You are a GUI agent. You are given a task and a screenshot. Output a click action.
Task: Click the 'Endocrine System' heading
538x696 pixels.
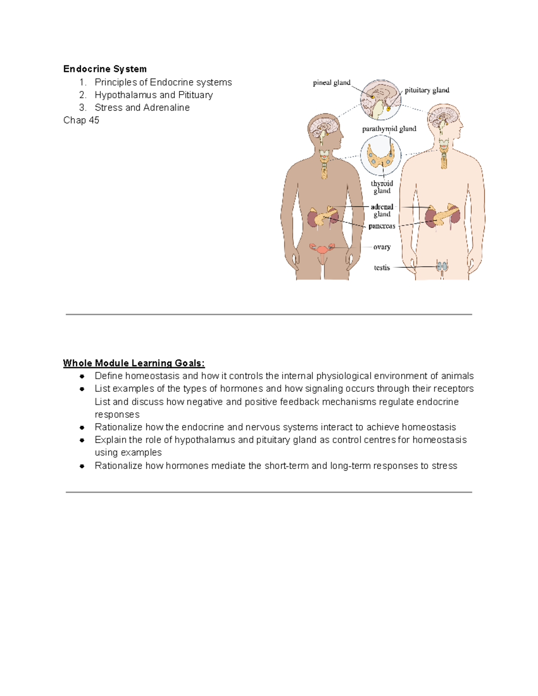tap(105, 69)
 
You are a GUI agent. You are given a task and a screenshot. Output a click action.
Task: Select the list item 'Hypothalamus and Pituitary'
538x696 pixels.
tap(153, 95)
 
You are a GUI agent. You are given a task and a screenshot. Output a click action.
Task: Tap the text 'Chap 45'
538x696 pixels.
tap(81, 120)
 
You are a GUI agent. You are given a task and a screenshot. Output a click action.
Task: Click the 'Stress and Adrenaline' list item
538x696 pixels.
tap(142, 108)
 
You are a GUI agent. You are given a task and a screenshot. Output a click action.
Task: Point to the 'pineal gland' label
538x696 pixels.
tap(331, 82)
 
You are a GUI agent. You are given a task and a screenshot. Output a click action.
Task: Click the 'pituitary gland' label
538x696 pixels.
tap(427, 90)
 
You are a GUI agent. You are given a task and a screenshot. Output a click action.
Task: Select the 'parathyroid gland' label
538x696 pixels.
tap(389, 129)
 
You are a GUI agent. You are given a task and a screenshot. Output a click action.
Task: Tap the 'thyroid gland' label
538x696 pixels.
tap(382, 187)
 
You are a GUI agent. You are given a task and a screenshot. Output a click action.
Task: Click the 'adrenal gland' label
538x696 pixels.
tap(382, 210)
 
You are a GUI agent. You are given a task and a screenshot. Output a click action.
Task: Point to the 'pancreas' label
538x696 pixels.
tap(382, 226)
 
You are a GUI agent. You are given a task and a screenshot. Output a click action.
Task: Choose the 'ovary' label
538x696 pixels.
tap(382, 247)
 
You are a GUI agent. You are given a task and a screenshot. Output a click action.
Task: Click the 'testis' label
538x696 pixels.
tap(382, 268)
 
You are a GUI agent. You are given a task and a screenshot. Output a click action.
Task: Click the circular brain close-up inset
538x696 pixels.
tap(381, 100)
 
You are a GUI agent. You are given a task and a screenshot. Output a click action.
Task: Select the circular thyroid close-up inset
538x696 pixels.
tap(381, 156)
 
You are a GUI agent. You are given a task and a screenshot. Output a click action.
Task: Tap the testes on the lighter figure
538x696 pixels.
tap(442, 266)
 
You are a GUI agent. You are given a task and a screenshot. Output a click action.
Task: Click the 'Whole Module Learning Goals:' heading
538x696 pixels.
tap(134, 363)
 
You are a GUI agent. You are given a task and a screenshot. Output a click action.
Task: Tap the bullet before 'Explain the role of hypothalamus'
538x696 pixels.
tap(82, 440)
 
